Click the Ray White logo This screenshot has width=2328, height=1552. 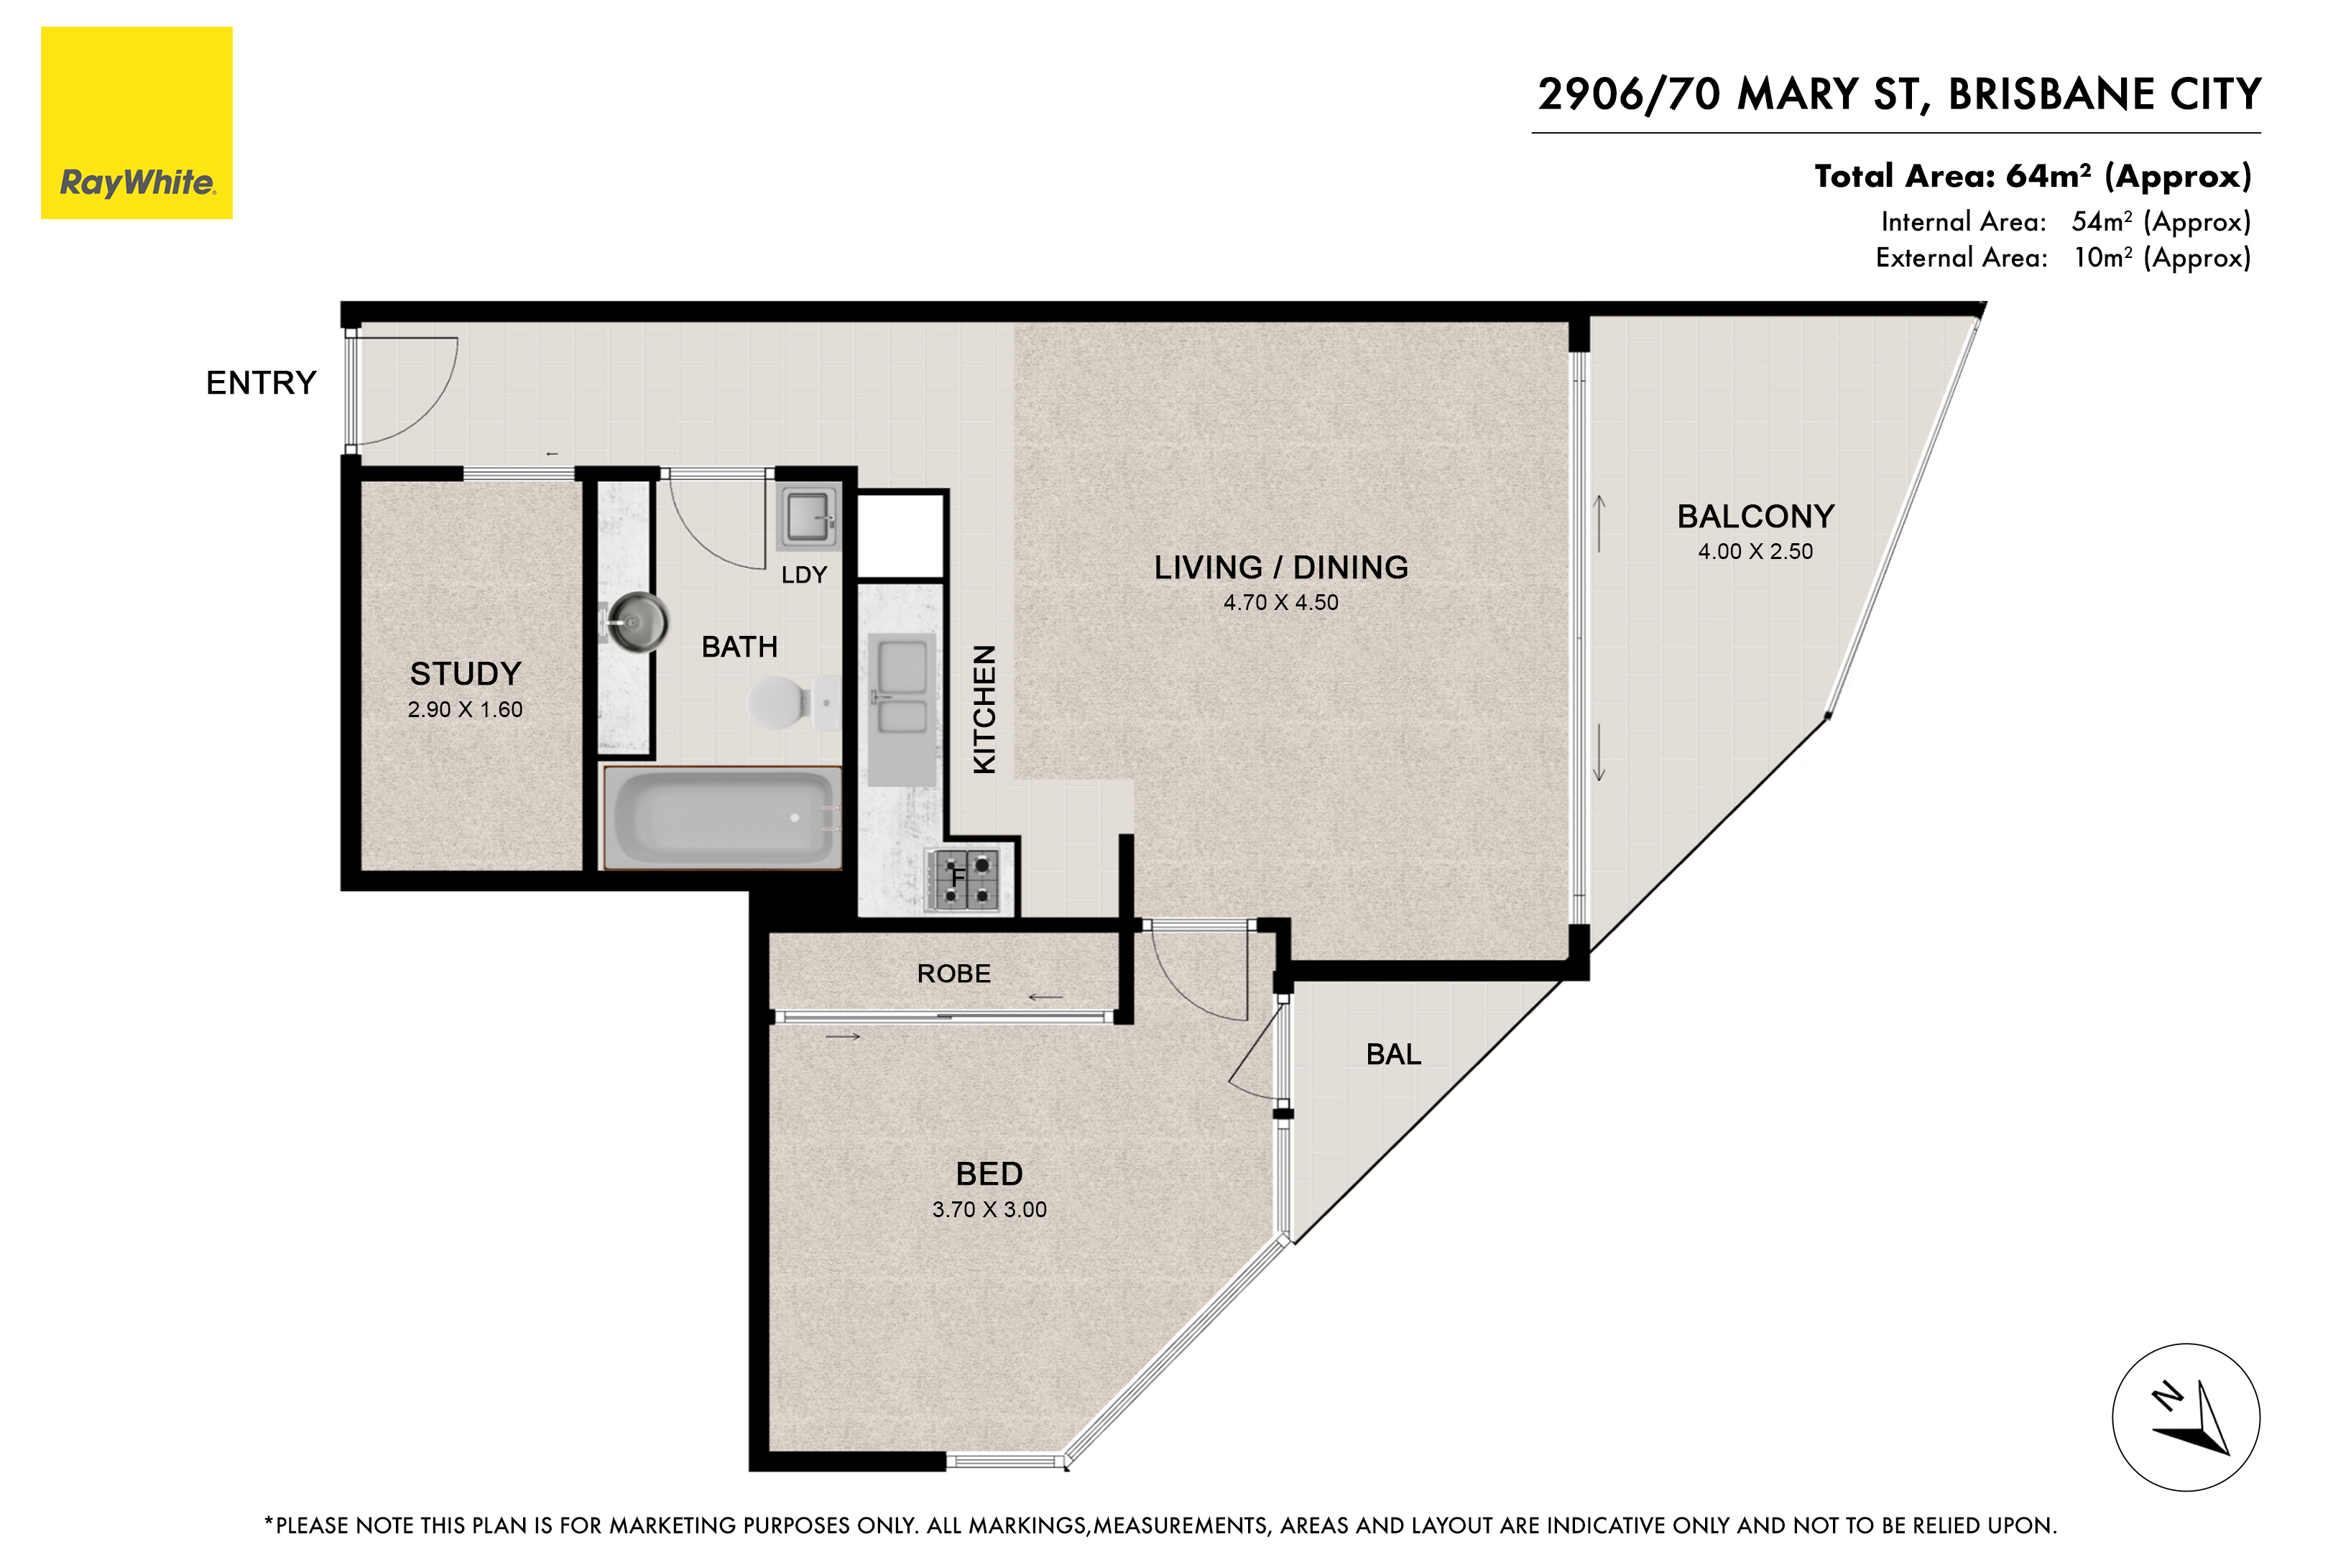[137, 123]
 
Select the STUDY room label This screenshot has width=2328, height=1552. [465, 674]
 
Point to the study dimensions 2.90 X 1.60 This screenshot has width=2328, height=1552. [465, 710]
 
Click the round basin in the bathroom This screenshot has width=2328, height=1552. [637, 622]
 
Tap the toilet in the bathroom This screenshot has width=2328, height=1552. [782, 702]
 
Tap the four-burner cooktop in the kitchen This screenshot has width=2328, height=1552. [966, 880]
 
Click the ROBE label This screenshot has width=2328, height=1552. [953, 974]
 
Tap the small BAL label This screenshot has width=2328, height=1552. [1392, 1055]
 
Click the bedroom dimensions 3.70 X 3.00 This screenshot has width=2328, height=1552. [989, 1209]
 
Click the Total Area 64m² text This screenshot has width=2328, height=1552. [2032, 176]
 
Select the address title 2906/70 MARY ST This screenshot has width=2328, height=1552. [1898, 95]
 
